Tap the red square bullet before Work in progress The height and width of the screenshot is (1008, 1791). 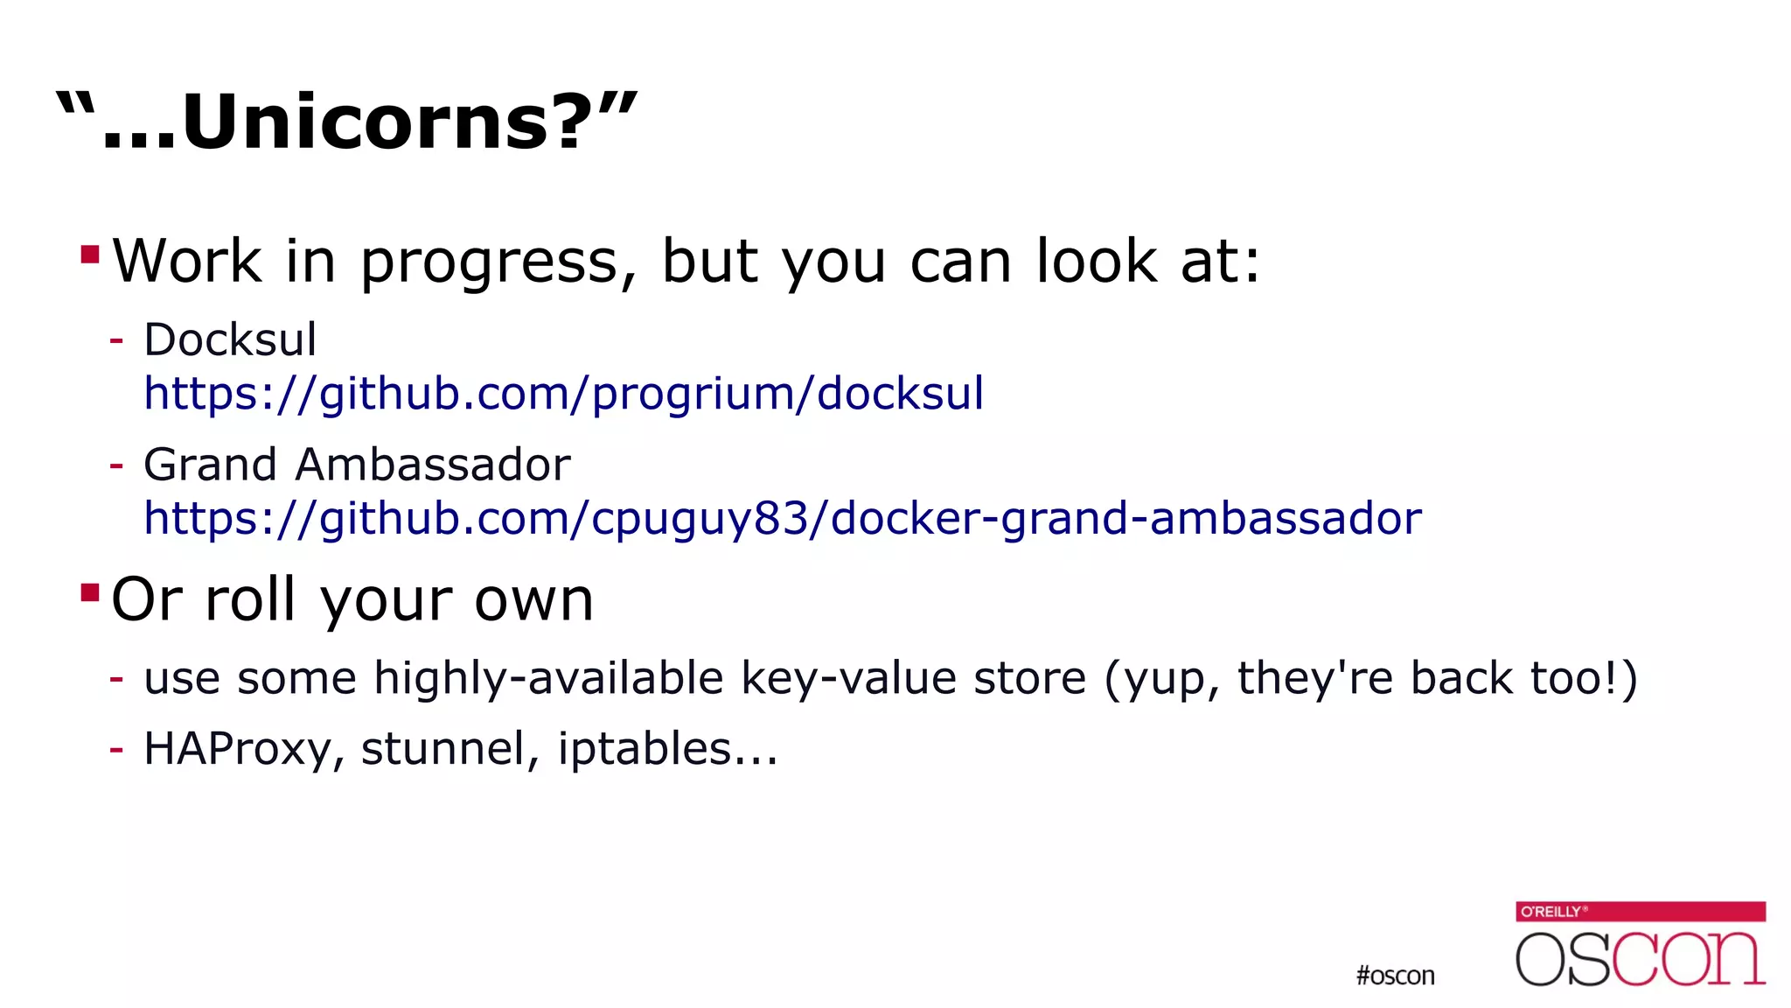click(x=89, y=255)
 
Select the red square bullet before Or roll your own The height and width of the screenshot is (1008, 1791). click(x=89, y=593)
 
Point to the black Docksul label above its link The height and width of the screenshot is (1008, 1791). click(x=229, y=339)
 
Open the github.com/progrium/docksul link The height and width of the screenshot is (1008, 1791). click(x=563, y=394)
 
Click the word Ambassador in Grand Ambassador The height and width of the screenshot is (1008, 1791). click(x=433, y=464)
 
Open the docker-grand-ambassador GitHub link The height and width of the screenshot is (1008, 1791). click(x=782, y=518)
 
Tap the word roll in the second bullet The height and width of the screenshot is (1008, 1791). click(x=249, y=600)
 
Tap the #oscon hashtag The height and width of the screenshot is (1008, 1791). click(x=1395, y=976)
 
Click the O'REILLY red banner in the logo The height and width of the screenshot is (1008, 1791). click(x=1640, y=911)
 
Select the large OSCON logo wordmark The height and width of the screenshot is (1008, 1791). click(x=1640, y=959)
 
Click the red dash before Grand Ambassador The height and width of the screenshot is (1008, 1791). click(x=116, y=465)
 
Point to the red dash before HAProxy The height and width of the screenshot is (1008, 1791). click(x=116, y=749)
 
